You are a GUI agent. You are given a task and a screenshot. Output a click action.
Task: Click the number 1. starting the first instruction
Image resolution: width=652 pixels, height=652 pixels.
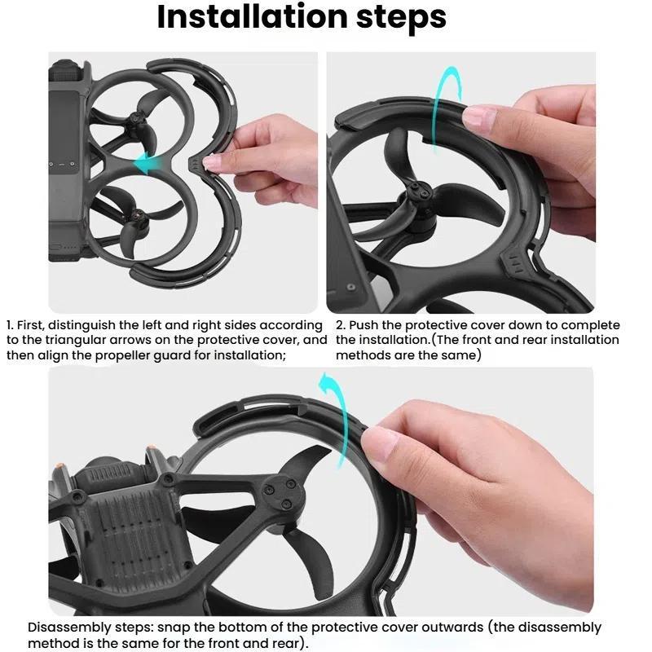(11, 325)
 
